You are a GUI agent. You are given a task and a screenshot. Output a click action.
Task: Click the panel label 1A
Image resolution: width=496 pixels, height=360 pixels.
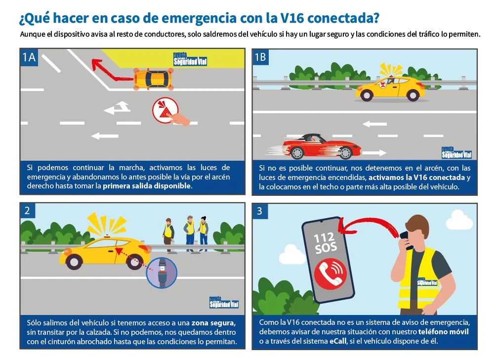pos(29,57)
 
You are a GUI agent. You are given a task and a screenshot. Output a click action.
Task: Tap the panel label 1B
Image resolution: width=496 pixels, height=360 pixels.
pos(260,57)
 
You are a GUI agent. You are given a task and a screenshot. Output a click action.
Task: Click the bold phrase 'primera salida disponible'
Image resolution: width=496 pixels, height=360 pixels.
pos(147,186)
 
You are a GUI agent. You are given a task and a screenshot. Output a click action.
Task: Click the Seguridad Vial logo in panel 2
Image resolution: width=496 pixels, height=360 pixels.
pos(224,303)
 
